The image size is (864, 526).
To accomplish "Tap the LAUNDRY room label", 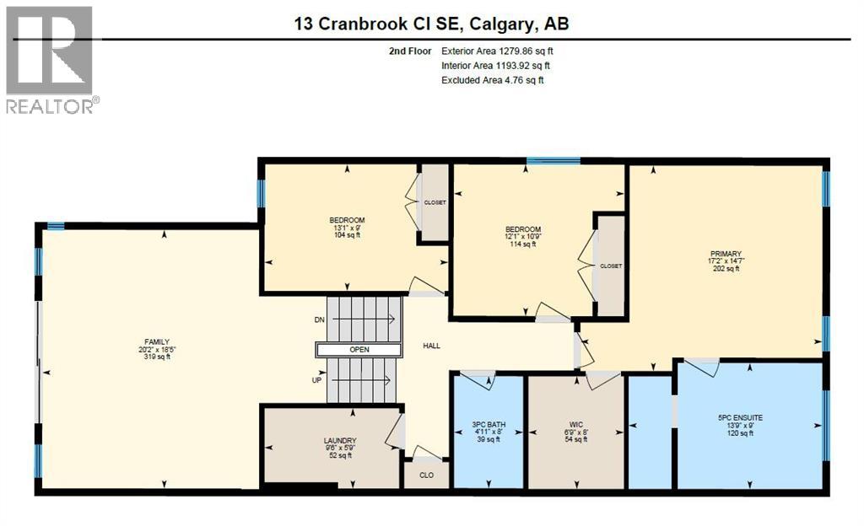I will [x=339, y=441].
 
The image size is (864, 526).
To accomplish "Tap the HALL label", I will [x=432, y=346].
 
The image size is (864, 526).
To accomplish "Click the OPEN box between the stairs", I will [x=359, y=350].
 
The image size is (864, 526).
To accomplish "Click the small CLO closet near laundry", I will [x=427, y=475].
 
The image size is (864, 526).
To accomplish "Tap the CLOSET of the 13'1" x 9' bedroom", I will [x=435, y=202].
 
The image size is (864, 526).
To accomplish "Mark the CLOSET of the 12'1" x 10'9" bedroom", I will [x=611, y=266].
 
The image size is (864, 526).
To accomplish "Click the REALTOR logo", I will [x=51, y=59].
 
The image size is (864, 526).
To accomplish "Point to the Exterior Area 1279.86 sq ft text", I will [x=497, y=51].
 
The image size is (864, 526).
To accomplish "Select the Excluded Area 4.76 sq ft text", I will [x=493, y=80].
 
